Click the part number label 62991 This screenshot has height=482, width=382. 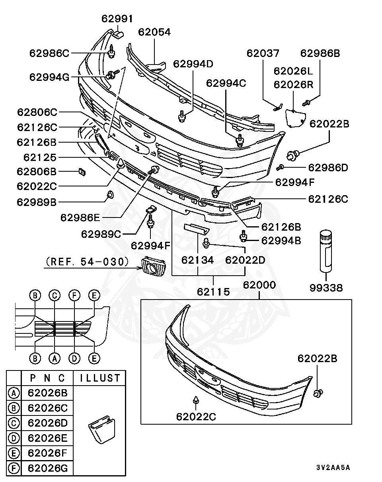(117, 19)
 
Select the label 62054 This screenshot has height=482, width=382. (154, 32)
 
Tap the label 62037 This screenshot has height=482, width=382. (263, 53)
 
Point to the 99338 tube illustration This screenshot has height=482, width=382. (326, 251)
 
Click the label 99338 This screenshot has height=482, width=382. (326, 288)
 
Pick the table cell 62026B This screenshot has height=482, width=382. (48, 393)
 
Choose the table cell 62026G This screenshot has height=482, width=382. (48, 468)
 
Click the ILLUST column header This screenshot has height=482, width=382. (100, 378)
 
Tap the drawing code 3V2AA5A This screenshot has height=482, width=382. (333, 467)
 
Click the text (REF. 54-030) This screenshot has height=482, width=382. (87, 261)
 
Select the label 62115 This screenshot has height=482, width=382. (213, 292)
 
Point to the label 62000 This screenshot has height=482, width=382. (259, 285)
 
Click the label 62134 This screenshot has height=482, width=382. (198, 260)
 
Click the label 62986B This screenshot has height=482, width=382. (320, 53)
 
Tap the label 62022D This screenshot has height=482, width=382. (245, 260)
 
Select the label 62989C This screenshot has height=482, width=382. (101, 234)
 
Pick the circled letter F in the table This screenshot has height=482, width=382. (14, 468)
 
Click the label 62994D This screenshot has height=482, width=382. (193, 63)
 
